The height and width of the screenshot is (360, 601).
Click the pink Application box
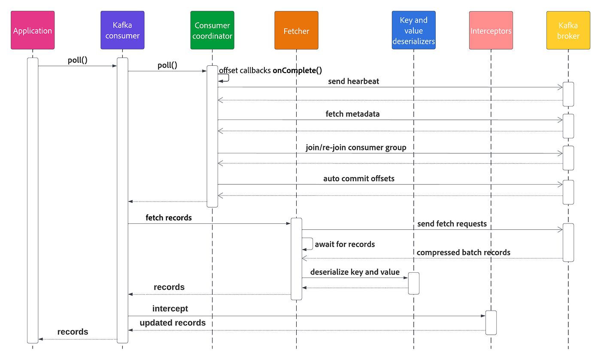[x=33, y=31]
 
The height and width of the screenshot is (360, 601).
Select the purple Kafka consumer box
[x=122, y=31]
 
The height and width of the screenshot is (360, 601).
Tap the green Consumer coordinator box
[x=212, y=31]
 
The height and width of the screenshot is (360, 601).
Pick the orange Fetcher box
[x=296, y=31]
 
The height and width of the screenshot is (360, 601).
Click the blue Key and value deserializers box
[x=413, y=31]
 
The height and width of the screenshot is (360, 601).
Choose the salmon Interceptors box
[x=491, y=31]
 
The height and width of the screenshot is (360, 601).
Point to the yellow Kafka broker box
[x=568, y=31]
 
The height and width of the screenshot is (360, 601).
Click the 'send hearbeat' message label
[x=353, y=81]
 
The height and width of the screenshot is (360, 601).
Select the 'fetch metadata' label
[x=352, y=114]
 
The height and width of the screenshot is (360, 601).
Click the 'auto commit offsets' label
[x=358, y=178]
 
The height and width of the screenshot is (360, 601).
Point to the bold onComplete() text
[x=297, y=70]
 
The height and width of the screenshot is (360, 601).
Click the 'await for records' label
[x=345, y=244]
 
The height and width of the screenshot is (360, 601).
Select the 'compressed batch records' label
[x=463, y=252]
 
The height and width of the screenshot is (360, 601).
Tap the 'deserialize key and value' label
[x=355, y=272]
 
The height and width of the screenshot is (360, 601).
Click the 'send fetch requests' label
[x=452, y=223]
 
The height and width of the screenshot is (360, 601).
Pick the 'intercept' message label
[x=170, y=308]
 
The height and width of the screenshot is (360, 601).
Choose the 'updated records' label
[x=173, y=323]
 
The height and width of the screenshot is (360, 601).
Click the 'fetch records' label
[x=169, y=218]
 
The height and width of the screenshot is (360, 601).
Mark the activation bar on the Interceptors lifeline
[x=491, y=322]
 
